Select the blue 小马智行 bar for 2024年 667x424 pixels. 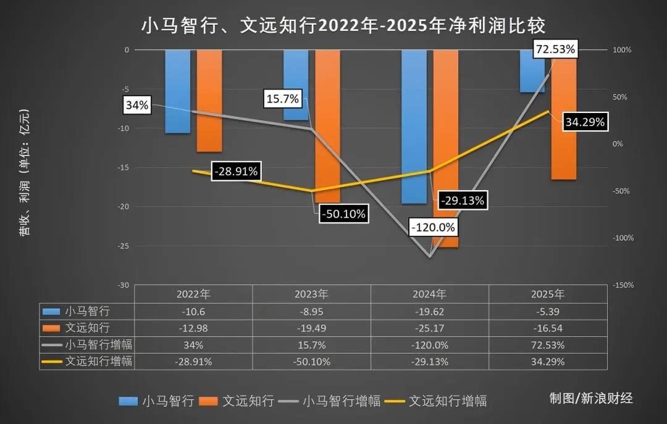(x=414, y=127)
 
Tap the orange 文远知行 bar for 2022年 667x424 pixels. (x=209, y=101)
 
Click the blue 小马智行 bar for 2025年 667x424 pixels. (x=532, y=71)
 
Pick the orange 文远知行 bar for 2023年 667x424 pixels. (x=327, y=126)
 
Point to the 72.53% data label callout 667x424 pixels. (x=555, y=49)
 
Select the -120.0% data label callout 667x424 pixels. (x=432, y=227)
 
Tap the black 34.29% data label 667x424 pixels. (x=584, y=122)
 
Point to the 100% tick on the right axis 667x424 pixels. (x=622, y=50)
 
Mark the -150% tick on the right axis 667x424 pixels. (x=623, y=285)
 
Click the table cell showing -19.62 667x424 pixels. (x=430, y=311)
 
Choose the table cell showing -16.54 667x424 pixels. (x=547, y=328)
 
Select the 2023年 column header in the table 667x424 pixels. (x=312, y=294)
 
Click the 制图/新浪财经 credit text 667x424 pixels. (x=591, y=398)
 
